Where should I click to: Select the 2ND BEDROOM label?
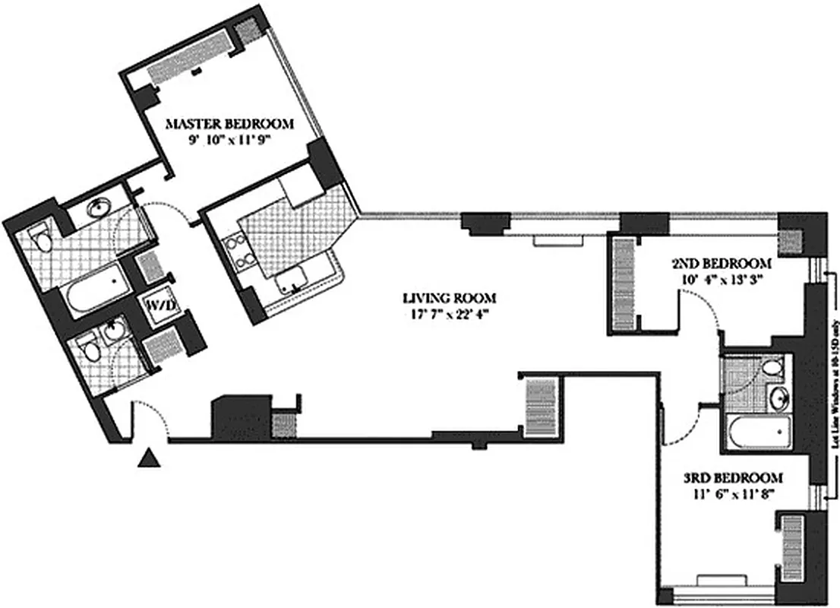tap(722, 264)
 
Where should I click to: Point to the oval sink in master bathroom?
tap(99, 208)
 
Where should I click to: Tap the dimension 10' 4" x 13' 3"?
tap(722, 279)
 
